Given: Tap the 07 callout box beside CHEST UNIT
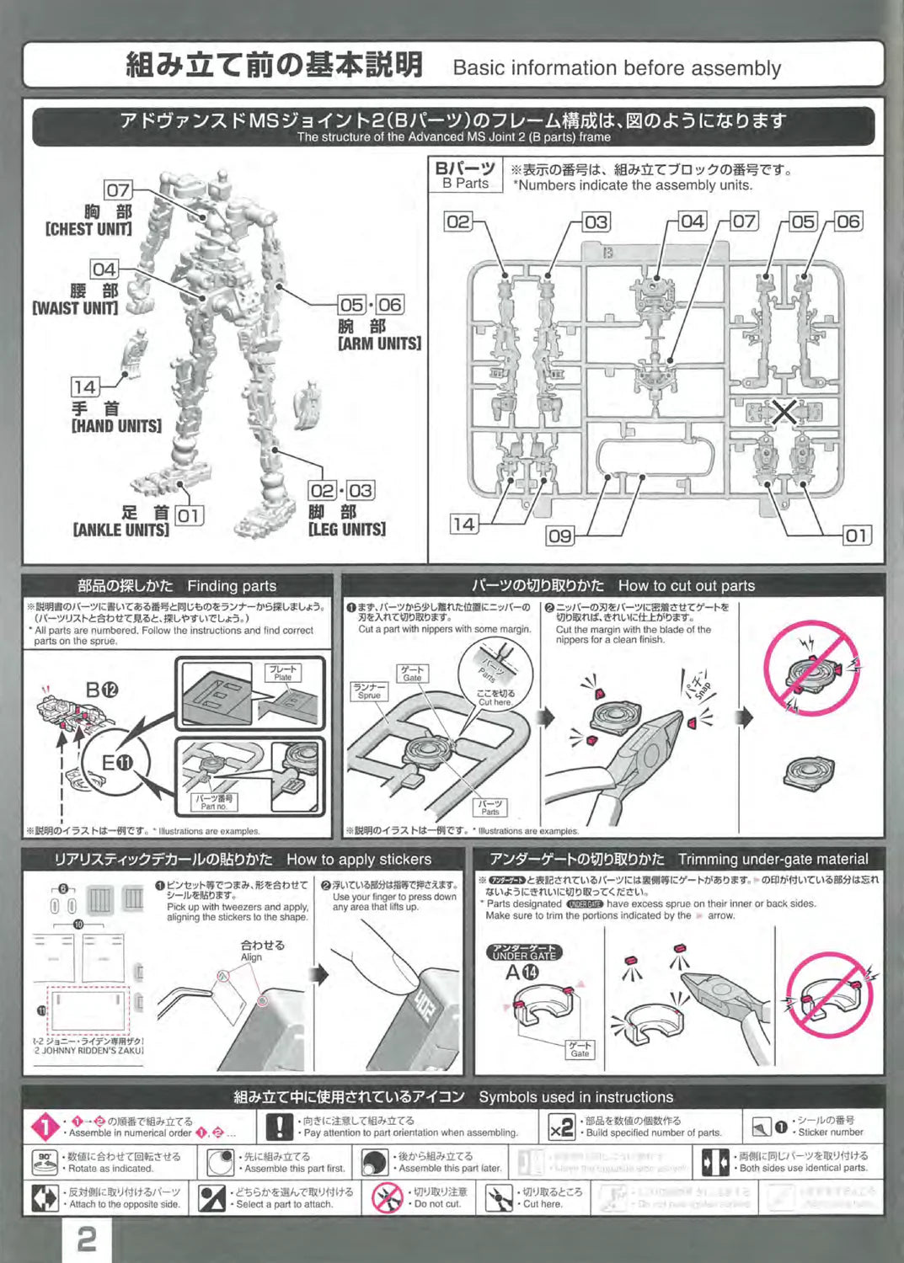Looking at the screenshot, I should click(118, 190).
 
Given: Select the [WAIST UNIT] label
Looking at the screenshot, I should click(75, 308).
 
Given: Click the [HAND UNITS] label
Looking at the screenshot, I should click(116, 426).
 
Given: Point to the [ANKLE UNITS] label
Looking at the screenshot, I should click(120, 530).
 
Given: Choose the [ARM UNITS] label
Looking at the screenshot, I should click(379, 344).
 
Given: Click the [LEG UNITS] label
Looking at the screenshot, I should click(347, 530).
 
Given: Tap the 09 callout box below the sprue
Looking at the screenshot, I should click(559, 536).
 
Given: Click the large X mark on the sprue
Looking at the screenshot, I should click(784, 413).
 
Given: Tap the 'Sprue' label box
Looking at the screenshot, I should click(369, 691).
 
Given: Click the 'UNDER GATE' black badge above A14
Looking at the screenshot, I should click(524, 952).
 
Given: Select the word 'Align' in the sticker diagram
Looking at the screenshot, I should click(251, 957).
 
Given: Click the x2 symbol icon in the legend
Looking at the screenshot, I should click(561, 1127).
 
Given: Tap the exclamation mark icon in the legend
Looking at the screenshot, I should click(279, 1127).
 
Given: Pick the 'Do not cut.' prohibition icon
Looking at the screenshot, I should click(388, 1197).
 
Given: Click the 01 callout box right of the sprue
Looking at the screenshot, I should click(857, 536).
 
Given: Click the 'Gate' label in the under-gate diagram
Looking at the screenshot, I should click(580, 1049).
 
